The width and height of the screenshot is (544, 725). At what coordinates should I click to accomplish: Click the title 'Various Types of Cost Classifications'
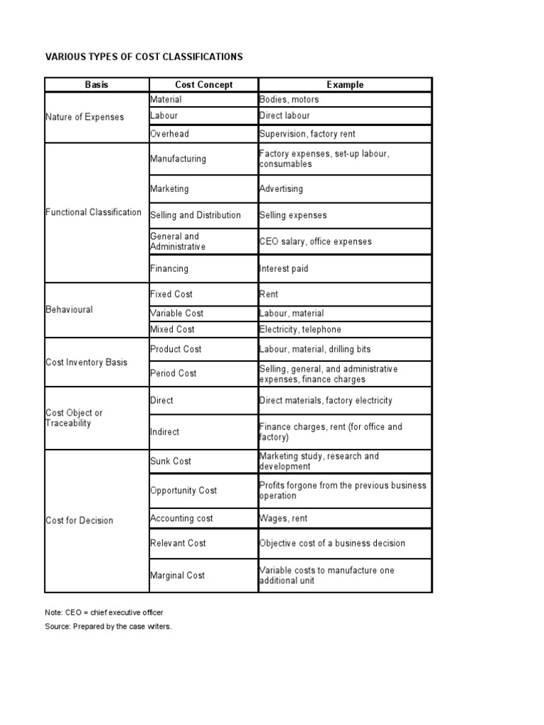(x=144, y=57)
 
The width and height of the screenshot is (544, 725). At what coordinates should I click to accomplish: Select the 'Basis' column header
(x=96, y=85)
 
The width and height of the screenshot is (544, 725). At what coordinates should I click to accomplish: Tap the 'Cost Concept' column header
(x=203, y=85)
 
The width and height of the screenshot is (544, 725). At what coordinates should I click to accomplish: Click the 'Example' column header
(x=345, y=85)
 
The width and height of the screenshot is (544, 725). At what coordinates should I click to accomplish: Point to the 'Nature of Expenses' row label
(x=84, y=117)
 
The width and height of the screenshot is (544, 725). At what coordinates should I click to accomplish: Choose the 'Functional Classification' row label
(x=93, y=212)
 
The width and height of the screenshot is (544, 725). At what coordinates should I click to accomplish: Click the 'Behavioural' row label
(x=69, y=310)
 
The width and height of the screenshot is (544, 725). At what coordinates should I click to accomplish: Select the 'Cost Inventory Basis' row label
(x=86, y=362)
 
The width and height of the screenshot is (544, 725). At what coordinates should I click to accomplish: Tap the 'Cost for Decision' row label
(x=79, y=520)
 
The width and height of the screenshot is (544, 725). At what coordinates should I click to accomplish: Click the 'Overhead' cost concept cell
(x=169, y=134)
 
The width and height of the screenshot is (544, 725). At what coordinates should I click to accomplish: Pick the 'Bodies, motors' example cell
(x=289, y=100)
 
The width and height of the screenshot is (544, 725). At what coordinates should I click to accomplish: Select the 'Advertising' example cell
(x=281, y=189)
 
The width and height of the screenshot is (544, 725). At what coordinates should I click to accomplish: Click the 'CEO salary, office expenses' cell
(x=315, y=241)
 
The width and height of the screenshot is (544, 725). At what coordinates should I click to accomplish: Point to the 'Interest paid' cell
(x=284, y=269)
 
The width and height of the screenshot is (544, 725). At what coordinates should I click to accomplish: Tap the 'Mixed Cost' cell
(x=172, y=329)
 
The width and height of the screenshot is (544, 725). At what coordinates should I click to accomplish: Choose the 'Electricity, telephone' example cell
(x=300, y=329)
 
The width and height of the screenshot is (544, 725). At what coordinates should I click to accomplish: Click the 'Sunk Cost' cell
(x=171, y=461)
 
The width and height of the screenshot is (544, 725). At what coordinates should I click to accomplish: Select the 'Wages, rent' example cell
(x=283, y=518)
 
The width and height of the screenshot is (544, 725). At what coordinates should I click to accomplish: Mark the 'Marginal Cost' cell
(x=177, y=576)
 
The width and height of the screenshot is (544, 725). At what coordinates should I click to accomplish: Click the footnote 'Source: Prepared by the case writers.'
(x=108, y=627)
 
